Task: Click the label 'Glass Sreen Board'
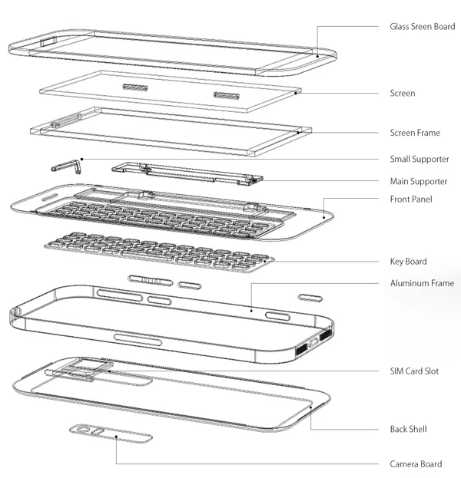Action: [422, 26]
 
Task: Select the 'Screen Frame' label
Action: [415, 133]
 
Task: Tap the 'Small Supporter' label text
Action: [419, 159]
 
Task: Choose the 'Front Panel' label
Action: [411, 199]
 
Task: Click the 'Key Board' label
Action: [408, 262]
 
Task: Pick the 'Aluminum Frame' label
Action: [422, 283]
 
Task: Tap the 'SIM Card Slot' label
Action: [414, 371]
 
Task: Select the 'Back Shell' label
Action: [408, 429]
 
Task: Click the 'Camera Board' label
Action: [415, 463]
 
